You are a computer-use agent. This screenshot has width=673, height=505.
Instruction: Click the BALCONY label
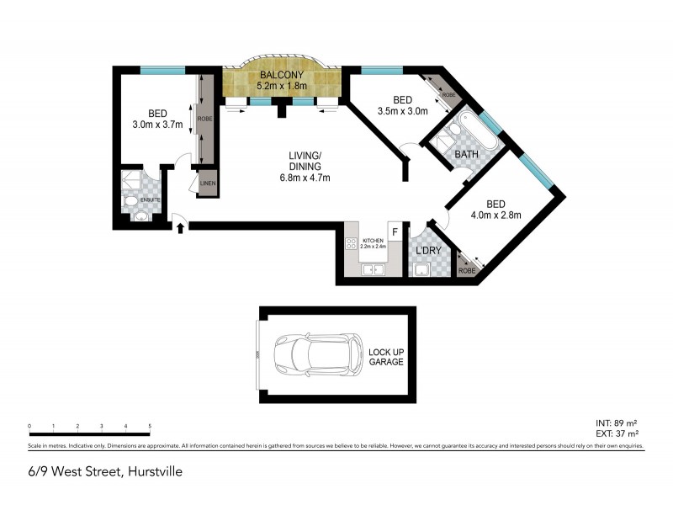[x=282, y=75]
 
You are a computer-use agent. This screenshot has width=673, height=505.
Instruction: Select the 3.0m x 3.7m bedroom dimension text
[x=157, y=125]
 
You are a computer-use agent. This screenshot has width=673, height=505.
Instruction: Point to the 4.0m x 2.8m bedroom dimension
[x=496, y=215]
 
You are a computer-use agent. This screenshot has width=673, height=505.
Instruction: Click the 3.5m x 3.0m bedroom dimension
[x=404, y=110]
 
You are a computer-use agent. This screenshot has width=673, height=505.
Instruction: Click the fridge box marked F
[x=394, y=232]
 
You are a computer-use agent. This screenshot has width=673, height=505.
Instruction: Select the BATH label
[x=467, y=155]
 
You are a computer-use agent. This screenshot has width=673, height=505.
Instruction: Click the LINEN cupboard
[x=207, y=183]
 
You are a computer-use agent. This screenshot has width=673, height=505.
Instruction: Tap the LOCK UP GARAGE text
[x=386, y=356]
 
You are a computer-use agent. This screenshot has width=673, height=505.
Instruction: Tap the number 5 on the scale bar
[x=150, y=427]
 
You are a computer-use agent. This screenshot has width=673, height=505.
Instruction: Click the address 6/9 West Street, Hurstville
[x=105, y=472]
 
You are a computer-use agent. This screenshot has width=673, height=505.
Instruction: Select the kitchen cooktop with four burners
[x=352, y=245]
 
